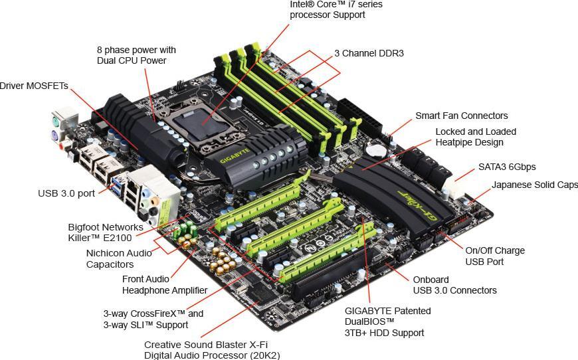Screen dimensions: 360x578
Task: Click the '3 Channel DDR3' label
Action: pos(369,53)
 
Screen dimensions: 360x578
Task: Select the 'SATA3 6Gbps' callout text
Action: pos(507,167)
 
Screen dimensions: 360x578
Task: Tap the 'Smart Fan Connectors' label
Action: pos(461,116)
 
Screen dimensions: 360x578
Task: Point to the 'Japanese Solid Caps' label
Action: pos(535,185)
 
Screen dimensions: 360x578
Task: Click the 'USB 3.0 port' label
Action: pos(66,193)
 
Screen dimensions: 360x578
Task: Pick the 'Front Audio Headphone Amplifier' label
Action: pos(165,285)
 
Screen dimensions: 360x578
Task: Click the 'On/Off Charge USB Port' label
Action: pos(494,256)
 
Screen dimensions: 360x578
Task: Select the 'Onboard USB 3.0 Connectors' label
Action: pos(454,285)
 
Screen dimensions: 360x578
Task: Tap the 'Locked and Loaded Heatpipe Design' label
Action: pos(476,137)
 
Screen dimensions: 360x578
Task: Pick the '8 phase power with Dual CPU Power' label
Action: pos(136,55)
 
